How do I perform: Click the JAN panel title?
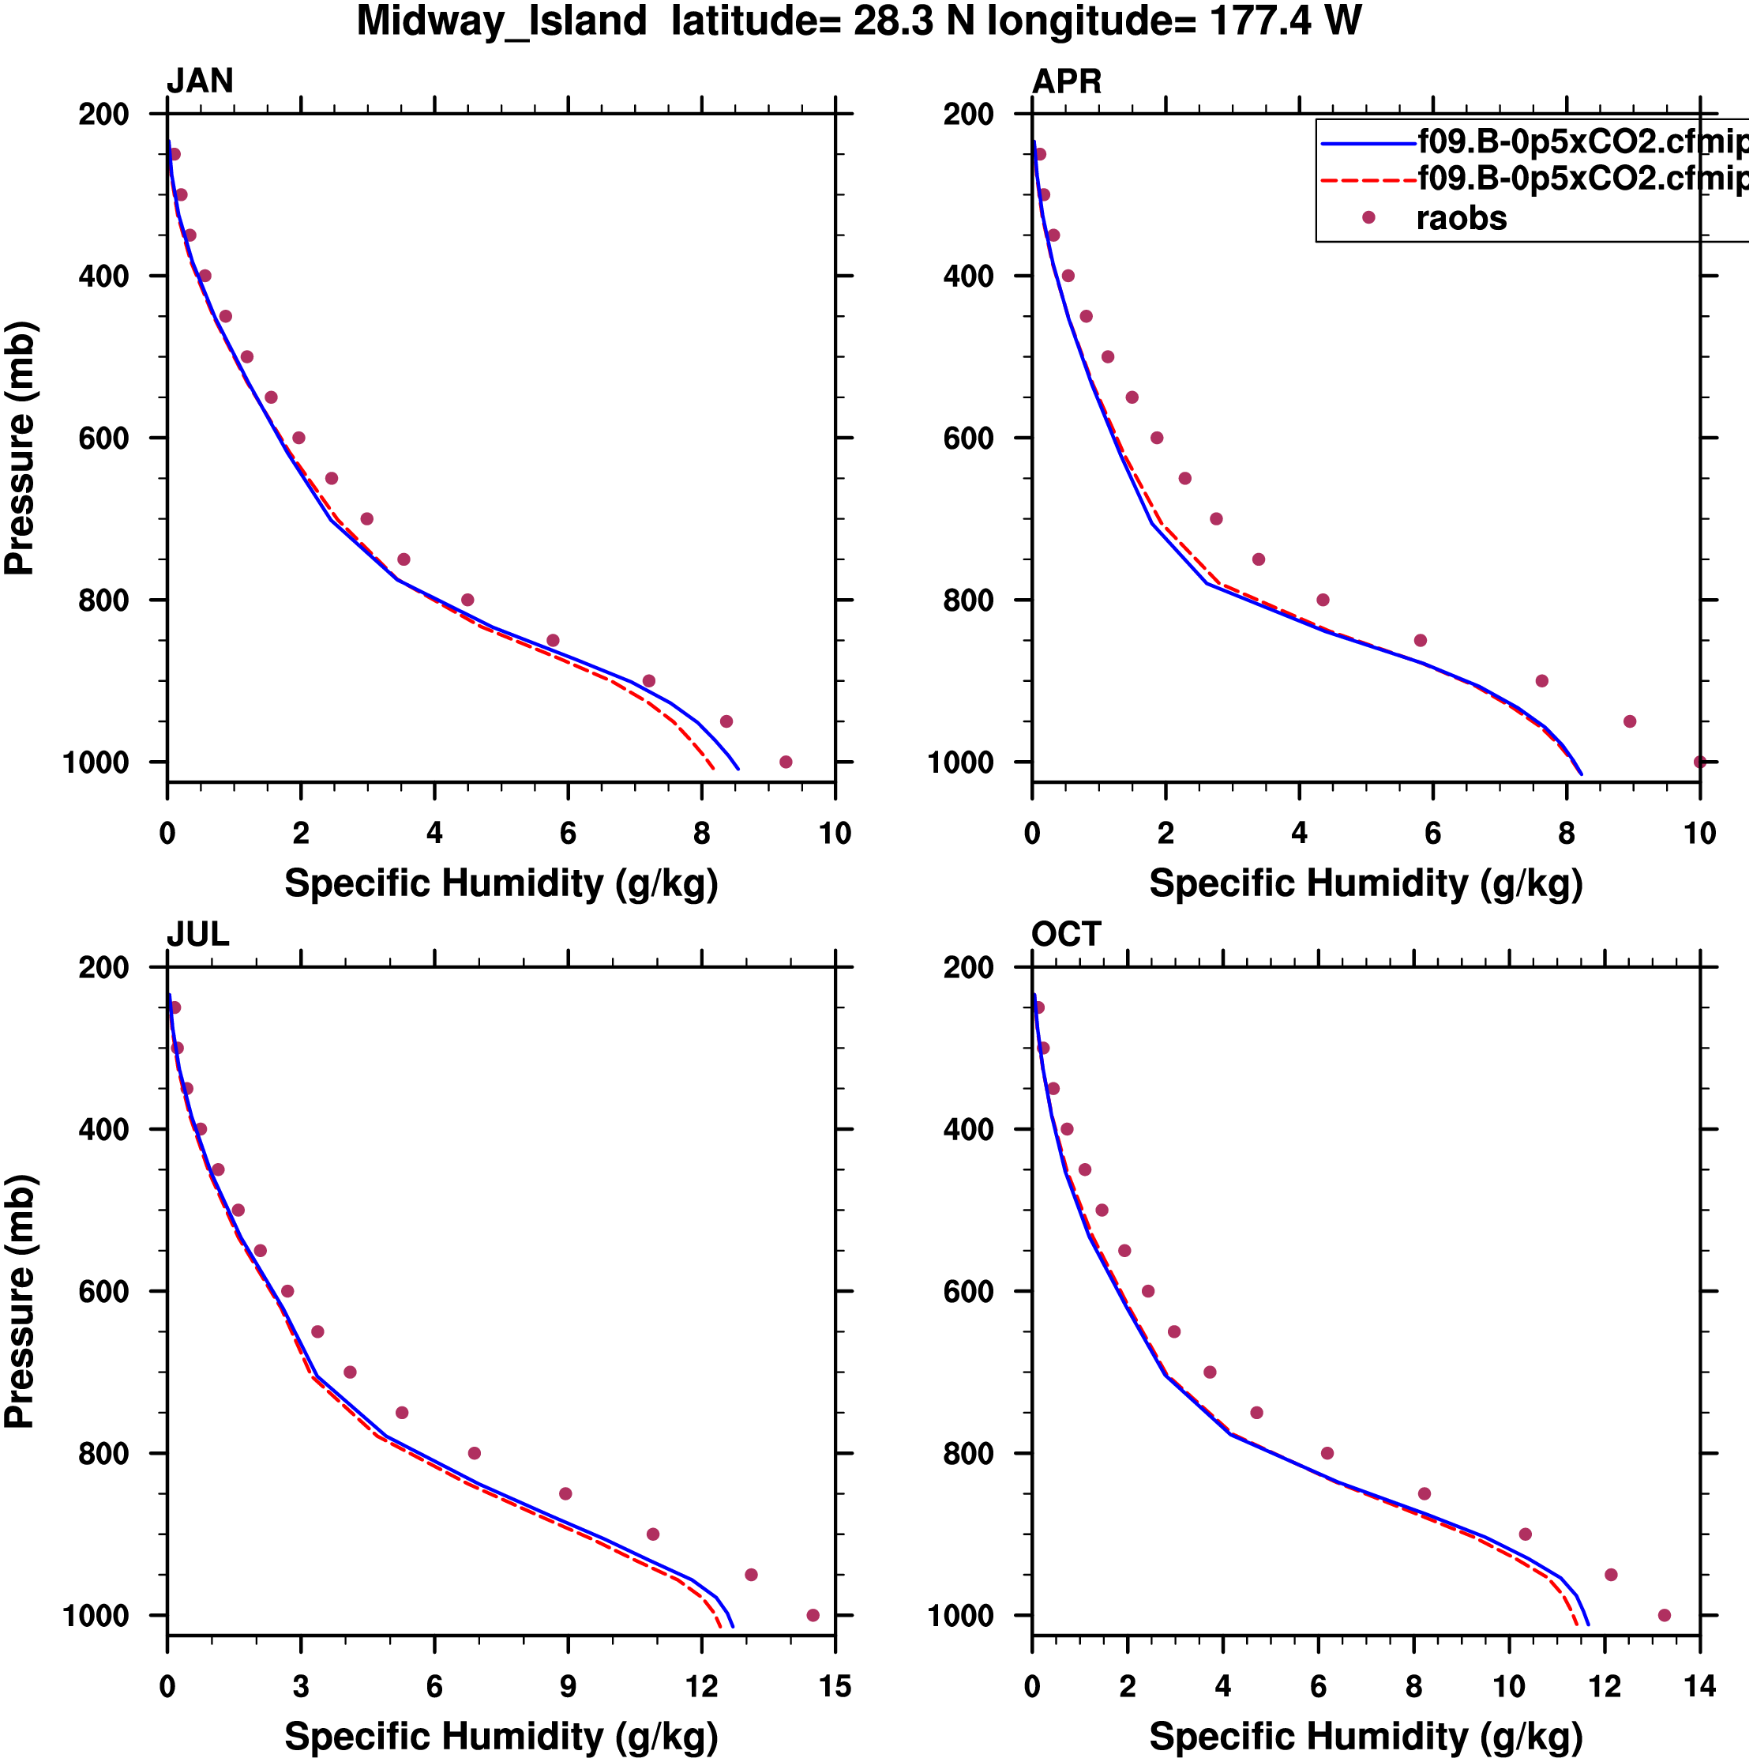200,81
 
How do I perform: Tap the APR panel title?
1066,81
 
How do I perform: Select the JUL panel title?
198,935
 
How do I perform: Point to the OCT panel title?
1066,935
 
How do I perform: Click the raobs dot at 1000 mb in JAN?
786,762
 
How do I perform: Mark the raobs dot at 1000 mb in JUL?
813,1615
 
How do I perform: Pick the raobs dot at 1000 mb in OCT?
1664,1615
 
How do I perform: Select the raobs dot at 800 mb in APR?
1323,600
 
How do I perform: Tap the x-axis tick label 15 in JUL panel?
834,1687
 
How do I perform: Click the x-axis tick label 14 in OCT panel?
1699,1687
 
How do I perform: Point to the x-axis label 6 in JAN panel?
568,834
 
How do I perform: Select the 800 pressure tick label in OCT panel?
968,1454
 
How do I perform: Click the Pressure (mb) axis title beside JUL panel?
20,1301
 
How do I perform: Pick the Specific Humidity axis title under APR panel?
1365,883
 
